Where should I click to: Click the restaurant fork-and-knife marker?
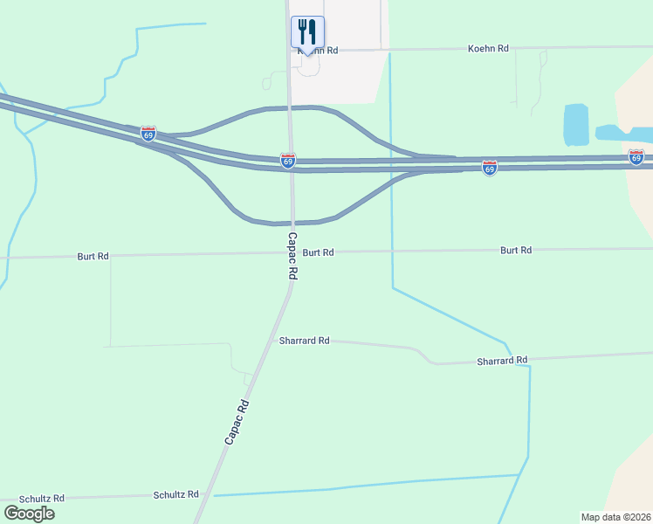coord(307,33)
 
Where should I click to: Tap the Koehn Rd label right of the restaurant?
coord(488,49)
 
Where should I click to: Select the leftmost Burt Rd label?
coord(93,257)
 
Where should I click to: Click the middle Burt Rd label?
coord(319,252)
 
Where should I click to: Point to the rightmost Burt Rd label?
coord(516,251)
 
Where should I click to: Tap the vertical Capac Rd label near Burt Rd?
coord(293,255)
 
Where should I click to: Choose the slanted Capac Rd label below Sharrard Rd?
coord(237,423)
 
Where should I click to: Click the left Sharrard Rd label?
coord(304,341)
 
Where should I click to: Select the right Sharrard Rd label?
coord(502,361)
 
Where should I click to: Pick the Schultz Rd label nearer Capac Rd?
coord(175,494)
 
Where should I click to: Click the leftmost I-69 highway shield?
coord(148,134)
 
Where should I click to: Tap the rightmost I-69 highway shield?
coord(636,157)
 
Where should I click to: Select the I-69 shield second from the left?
coord(288,161)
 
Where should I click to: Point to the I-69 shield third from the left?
coord(490,168)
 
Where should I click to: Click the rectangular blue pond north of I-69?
coord(576,124)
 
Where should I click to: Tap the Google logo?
coord(28,514)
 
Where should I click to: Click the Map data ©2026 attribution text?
coord(615,517)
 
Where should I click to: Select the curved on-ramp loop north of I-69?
coord(288,108)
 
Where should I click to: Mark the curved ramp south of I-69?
coord(288,222)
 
